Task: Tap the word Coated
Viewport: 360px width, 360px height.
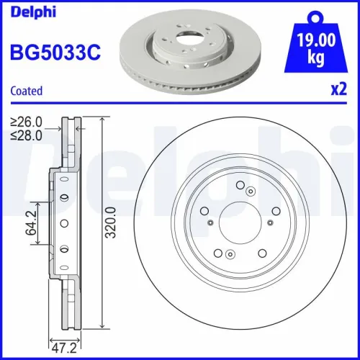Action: tap(26, 91)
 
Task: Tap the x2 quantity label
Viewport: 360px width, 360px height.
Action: tap(336, 91)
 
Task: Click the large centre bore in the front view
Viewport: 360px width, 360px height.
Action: tap(240, 222)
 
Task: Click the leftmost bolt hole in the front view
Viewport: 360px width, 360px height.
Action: tap(205, 211)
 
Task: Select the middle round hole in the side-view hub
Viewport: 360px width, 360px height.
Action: tap(63, 223)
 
